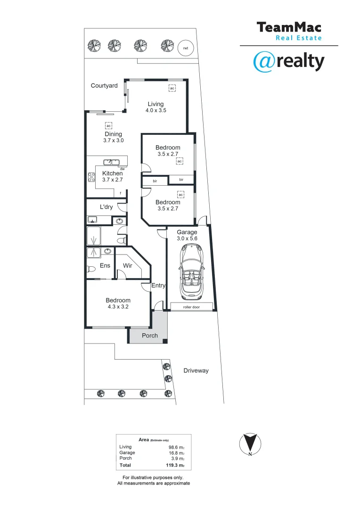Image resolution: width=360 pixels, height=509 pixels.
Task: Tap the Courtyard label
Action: (104, 86)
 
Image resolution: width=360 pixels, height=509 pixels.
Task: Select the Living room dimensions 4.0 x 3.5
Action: (155, 110)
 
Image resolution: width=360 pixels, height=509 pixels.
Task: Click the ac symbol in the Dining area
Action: (108, 126)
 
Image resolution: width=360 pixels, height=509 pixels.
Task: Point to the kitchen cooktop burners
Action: (91, 177)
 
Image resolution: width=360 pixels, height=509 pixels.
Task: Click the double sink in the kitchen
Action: (112, 163)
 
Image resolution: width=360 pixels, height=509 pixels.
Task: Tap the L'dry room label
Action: (106, 207)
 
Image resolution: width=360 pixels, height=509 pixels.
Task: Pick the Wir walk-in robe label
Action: (128, 266)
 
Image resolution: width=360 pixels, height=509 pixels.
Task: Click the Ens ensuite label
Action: (105, 266)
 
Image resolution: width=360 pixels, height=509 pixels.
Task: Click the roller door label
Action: (191, 307)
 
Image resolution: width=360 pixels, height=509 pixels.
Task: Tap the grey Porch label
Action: (150, 336)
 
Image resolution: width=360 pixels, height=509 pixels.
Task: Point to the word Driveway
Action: (196, 371)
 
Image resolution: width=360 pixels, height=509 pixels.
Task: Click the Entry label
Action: (158, 286)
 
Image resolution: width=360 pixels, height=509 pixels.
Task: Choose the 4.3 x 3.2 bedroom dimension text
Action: (118, 307)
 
